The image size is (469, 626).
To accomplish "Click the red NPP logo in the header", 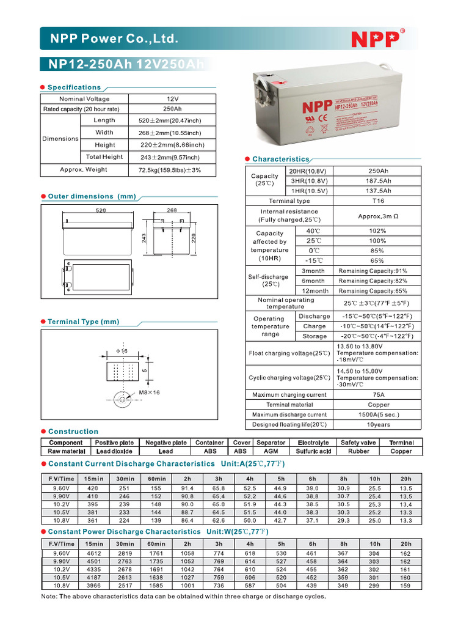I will pyautogui.click(x=376, y=39).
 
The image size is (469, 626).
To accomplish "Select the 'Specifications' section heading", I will pyautogui.click(x=74, y=87).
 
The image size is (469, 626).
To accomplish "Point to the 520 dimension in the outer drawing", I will pyautogui.click(x=101, y=210).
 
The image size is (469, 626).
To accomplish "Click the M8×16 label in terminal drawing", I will pyautogui.click(x=149, y=392).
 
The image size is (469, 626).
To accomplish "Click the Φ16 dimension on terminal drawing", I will pyautogui.click(x=121, y=352).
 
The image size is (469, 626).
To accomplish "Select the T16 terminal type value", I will pyautogui.click(x=379, y=201).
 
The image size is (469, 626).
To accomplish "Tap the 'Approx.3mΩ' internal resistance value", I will pyautogui.click(x=379, y=216).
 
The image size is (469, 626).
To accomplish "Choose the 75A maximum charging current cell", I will pyautogui.click(x=379, y=395).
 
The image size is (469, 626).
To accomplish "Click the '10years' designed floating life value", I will pyautogui.click(x=379, y=424).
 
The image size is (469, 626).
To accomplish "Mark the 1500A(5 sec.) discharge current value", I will pyautogui.click(x=379, y=414).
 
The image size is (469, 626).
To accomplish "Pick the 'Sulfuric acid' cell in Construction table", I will pyautogui.click(x=314, y=451).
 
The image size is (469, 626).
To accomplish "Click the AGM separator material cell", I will pyautogui.click(x=271, y=451).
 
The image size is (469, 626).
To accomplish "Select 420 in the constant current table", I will pyautogui.click(x=93, y=488).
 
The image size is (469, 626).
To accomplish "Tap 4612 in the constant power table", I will pyautogui.click(x=93, y=553).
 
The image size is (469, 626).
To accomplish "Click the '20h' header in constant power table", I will pyautogui.click(x=406, y=543).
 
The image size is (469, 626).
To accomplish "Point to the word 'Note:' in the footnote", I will pyautogui.click(x=50, y=596).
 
